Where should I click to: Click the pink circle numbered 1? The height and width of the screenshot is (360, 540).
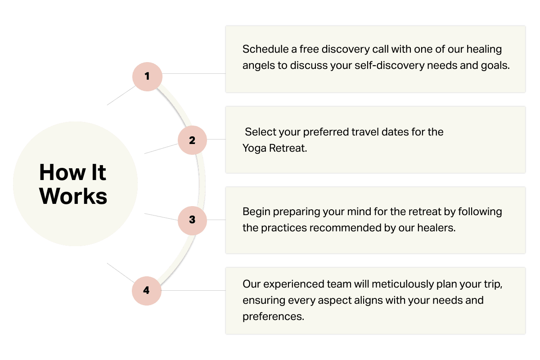point(147,76)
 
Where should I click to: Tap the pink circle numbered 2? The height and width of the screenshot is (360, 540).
point(192,140)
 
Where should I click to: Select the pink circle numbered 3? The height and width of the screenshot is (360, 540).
point(192,220)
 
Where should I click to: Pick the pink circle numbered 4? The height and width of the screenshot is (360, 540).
point(146,290)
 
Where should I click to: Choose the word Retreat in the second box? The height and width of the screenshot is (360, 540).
point(288,148)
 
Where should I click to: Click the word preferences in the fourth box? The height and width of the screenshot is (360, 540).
point(273,316)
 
